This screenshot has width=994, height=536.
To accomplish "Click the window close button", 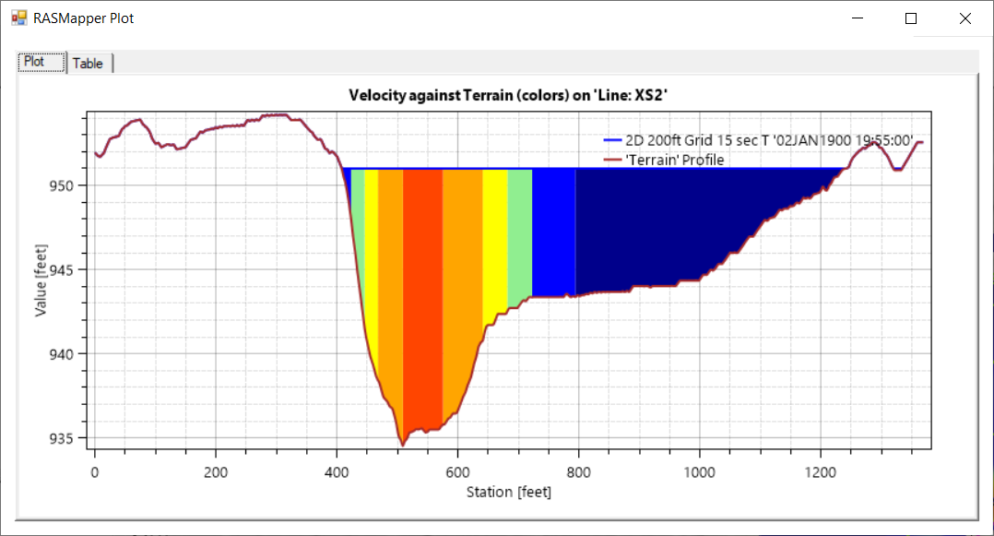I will pyautogui.click(x=964, y=18).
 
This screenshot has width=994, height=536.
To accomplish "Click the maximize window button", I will pyautogui.click(x=911, y=18).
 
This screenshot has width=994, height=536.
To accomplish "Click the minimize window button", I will pyautogui.click(x=858, y=18).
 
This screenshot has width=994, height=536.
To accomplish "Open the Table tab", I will pyautogui.click(x=89, y=64).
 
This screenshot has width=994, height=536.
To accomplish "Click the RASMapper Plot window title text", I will pyautogui.click(x=83, y=18).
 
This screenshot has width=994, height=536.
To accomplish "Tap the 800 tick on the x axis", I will pyautogui.click(x=578, y=470).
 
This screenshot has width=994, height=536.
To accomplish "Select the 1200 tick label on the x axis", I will pyautogui.click(x=821, y=470).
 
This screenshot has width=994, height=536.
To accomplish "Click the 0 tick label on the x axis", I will pyautogui.click(x=94, y=470).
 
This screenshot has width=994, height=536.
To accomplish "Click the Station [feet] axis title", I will pyautogui.click(x=508, y=492).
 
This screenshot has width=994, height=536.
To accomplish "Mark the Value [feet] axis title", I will pyautogui.click(x=41, y=270).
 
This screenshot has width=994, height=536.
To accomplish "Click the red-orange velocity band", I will pyautogui.click(x=422, y=295).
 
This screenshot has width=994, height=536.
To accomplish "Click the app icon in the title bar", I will pyautogui.click(x=19, y=18).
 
